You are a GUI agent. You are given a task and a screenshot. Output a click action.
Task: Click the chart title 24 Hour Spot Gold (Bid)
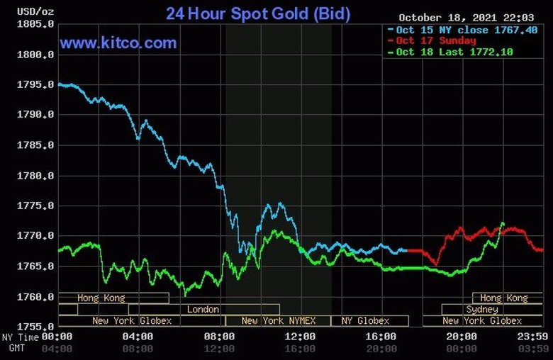(x=258, y=13)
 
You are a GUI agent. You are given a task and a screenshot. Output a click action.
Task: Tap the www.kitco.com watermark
(x=118, y=43)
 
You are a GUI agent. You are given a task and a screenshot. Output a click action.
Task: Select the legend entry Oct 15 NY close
(x=457, y=30)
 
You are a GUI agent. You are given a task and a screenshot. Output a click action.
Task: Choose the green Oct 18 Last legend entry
(x=454, y=52)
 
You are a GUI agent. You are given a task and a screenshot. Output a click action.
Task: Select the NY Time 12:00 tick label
(x=300, y=337)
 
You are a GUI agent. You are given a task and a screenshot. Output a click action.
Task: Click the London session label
(x=203, y=310)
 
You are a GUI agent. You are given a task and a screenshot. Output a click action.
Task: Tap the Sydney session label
(x=482, y=310)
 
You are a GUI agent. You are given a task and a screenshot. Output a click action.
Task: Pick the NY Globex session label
(x=365, y=321)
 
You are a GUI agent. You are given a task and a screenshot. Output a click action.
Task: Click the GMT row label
(x=17, y=349)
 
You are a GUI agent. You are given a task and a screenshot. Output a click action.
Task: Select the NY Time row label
(x=19, y=337)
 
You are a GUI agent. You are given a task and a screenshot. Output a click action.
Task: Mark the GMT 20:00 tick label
(x=381, y=349)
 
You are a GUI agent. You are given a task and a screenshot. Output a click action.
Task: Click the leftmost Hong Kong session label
(x=101, y=298)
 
